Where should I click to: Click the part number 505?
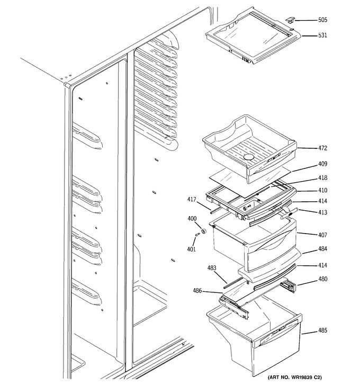pyautogui.click(x=322, y=20)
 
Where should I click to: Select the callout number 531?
pyautogui.click(x=322, y=35)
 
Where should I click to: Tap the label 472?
pyautogui.click(x=322, y=148)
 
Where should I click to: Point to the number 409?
pyautogui.click(x=322, y=164)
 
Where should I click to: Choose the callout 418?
pyautogui.click(x=322, y=178)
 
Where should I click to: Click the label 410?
pyautogui.click(x=322, y=190)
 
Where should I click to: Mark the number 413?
pyautogui.click(x=322, y=212)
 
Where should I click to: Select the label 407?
pyautogui.click(x=322, y=235)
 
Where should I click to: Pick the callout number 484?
pyautogui.click(x=322, y=249)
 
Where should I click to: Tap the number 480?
pyautogui.click(x=322, y=279)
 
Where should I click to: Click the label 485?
pyautogui.click(x=322, y=331)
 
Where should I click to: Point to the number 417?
pyautogui.click(x=192, y=200)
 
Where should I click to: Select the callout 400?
pyautogui.click(x=192, y=218)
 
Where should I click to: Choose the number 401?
pyautogui.click(x=191, y=249)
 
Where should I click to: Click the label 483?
pyautogui.click(x=212, y=268)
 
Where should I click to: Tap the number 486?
pyautogui.click(x=197, y=291)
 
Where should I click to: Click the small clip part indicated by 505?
pyautogui.click(x=290, y=19)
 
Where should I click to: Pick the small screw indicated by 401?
pyautogui.click(x=198, y=235)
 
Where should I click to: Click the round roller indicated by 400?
pyautogui.click(x=203, y=231)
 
